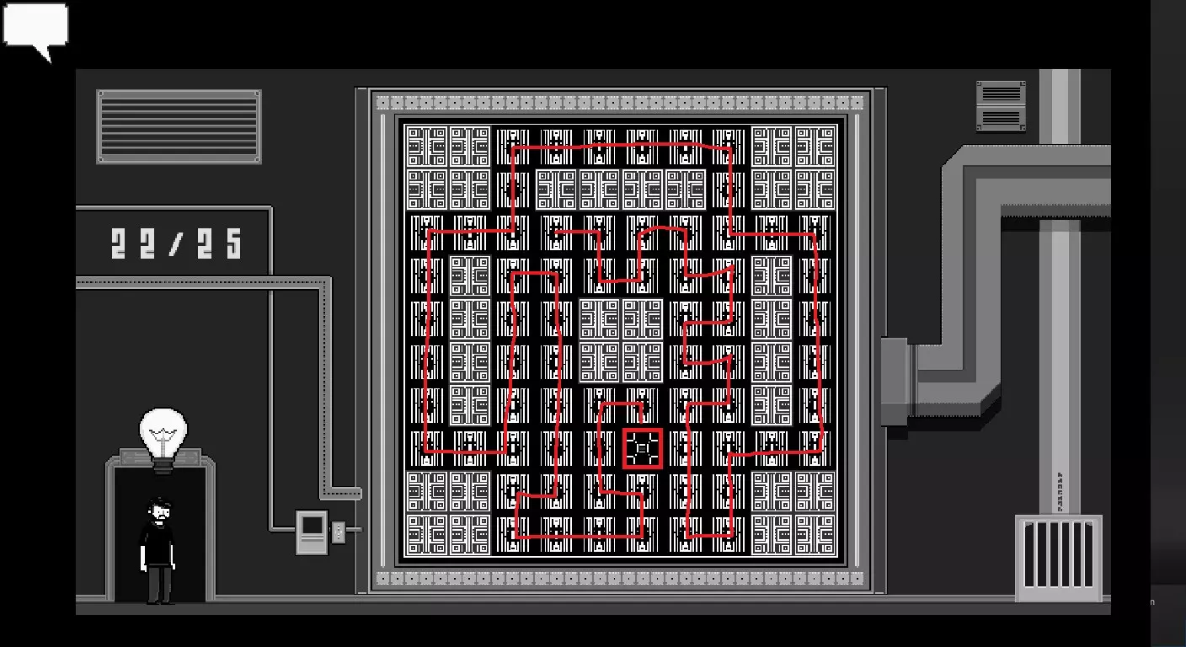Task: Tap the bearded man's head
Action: pyautogui.click(x=158, y=511)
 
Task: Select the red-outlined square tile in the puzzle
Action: pyautogui.click(x=642, y=448)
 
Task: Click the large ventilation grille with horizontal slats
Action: pyautogui.click(x=179, y=126)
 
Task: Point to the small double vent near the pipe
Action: pyautogui.click(x=1001, y=106)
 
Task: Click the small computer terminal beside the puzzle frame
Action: pyautogui.click(x=312, y=532)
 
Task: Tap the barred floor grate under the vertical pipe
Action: pyautogui.click(x=1059, y=558)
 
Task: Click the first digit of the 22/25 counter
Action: pyautogui.click(x=119, y=243)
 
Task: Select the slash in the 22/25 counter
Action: pyautogui.click(x=176, y=243)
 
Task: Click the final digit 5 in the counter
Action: pyautogui.click(x=233, y=243)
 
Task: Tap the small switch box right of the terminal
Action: pyautogui.click(x=339, y=532)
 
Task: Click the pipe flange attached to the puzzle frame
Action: pyautogui.click(x=895, y=382)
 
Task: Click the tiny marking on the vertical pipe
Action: pyautogui.click(x=1060, y=492)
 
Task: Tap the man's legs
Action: pyautogui.click(x=159, y=585)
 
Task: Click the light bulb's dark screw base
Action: pyautogui.click(x=163, y=466)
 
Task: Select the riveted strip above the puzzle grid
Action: pyautogui.click(x=620, y=102)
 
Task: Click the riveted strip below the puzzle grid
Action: pyautogui.click(x=620, y=579)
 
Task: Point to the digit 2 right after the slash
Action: pyautogui.click(x=205, y=243)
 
